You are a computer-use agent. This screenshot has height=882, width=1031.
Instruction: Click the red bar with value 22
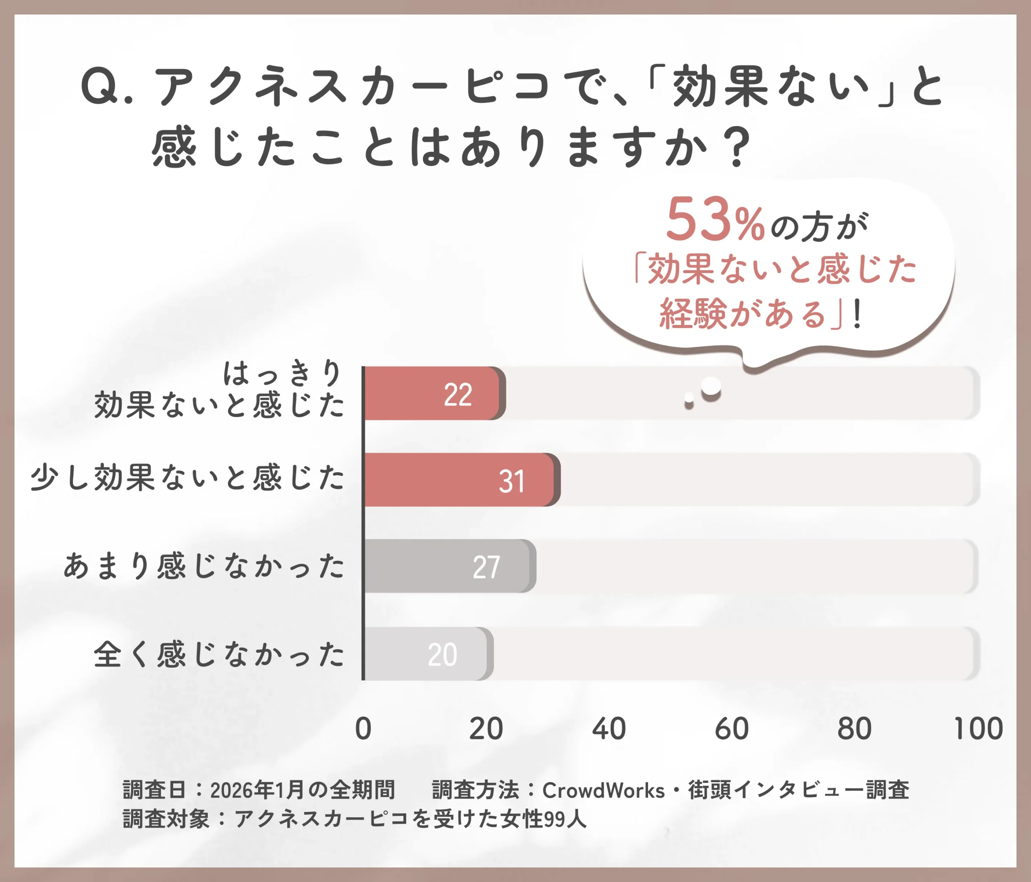(433, 393)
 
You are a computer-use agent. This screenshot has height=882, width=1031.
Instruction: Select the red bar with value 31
(460, 480)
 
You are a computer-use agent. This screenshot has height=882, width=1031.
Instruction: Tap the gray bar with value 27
(448, 566)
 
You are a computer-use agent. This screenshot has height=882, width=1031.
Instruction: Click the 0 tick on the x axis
(363, 729)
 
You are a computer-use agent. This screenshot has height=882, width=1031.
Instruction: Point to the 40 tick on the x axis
(609, 729)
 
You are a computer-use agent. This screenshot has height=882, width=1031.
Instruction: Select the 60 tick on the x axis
(731, 729)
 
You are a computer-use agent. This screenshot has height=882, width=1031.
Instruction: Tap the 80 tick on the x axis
(854, 729)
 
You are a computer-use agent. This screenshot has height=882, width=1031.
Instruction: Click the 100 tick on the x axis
(978, 729)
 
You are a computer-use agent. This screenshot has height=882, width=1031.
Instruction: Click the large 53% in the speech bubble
(714, 220)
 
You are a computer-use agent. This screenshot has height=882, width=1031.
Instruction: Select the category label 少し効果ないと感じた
(187, 478)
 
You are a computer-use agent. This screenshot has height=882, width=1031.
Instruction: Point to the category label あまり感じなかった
(204, 566)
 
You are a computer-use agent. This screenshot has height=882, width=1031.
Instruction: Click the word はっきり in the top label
(283, 373)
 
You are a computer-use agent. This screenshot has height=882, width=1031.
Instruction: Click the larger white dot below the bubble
(711, 386)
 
